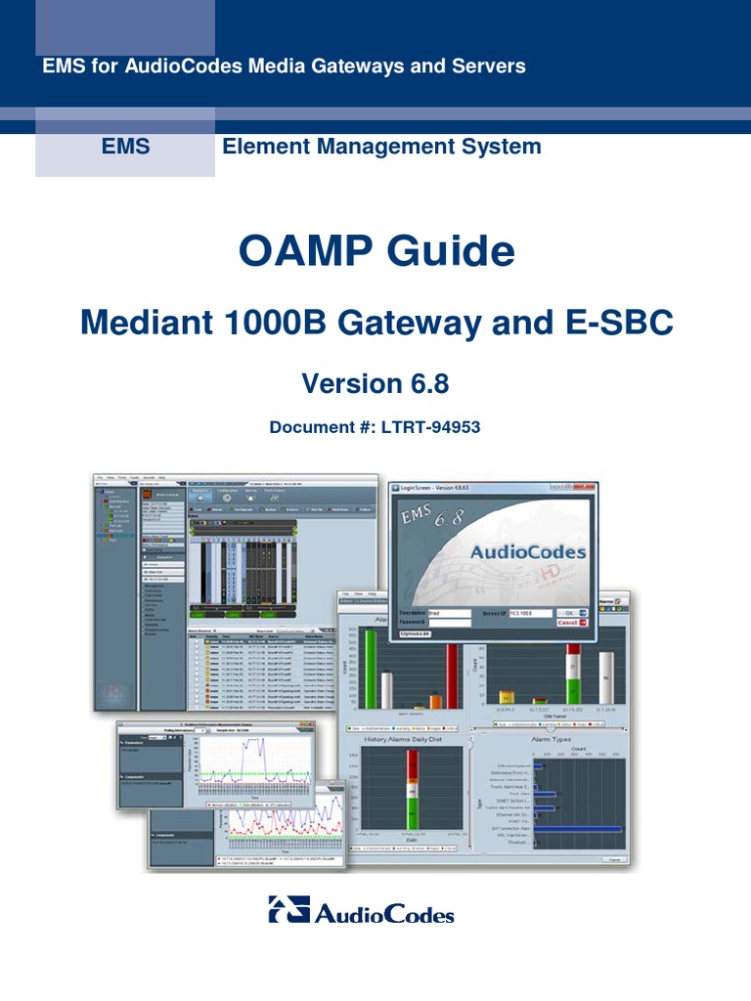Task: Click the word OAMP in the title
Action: (x=304, y=253)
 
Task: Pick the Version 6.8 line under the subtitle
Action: (x=375, y=384)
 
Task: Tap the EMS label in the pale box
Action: (x=125, y=147)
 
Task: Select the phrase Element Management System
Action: (x=381, y=147)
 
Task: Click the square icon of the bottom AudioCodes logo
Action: (x=288, y=909)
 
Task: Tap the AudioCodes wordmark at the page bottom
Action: (x=384, y=914)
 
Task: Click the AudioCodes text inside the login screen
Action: (x=528, y=552)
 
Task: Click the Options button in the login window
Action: (x=417, y=633)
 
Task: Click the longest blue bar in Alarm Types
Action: (x=578, y=829)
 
